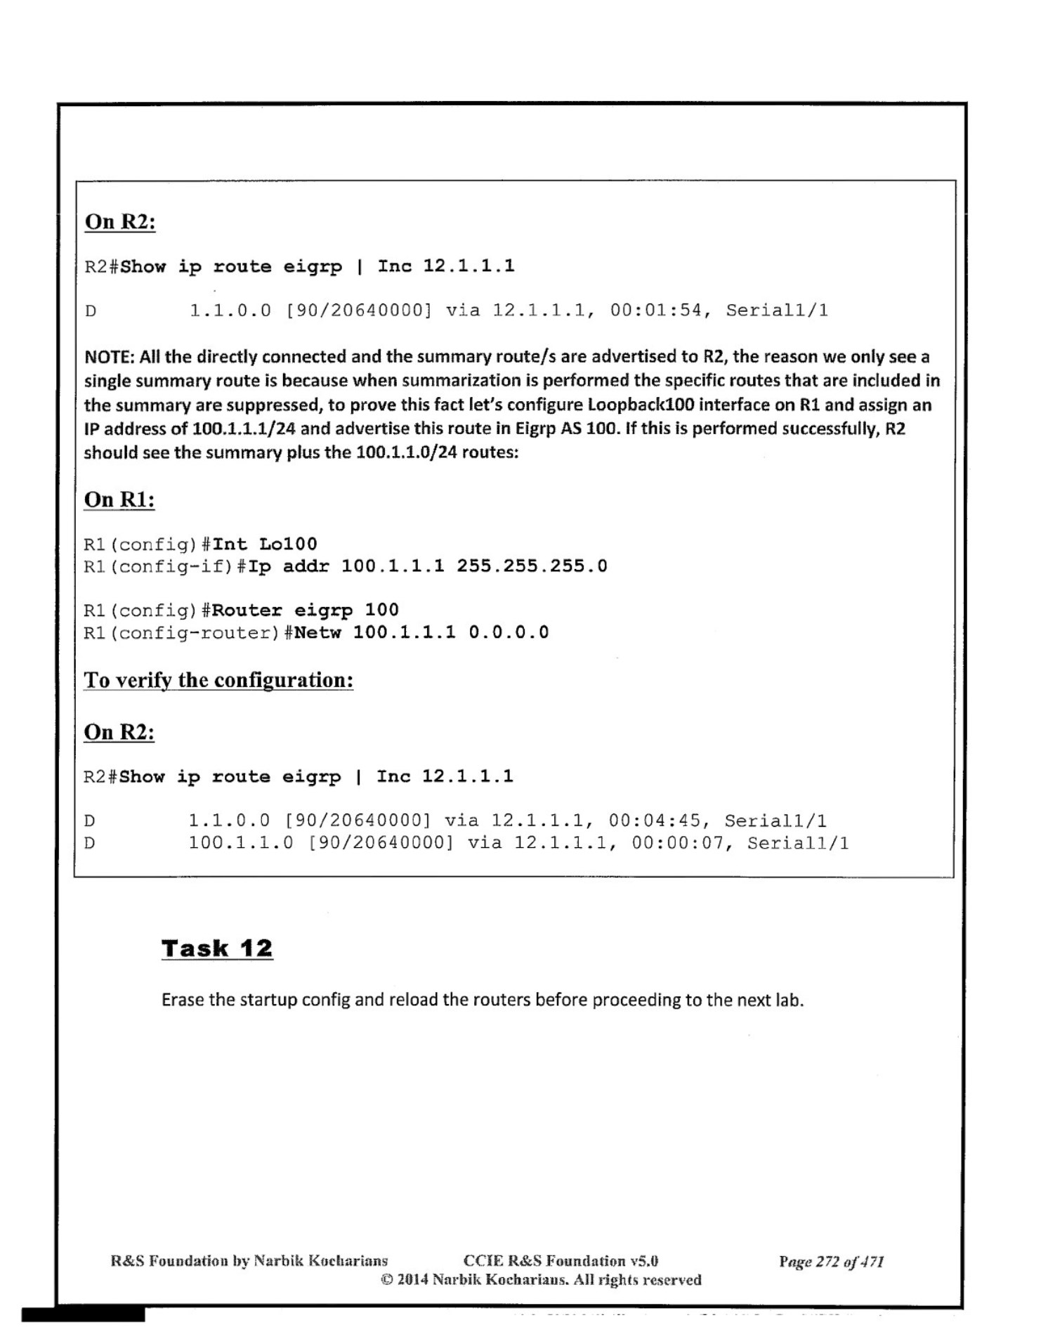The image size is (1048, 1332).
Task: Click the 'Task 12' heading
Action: click(216, 948)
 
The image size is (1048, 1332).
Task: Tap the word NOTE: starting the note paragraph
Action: click(109, 357)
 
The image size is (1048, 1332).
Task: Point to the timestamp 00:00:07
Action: click(677, 842)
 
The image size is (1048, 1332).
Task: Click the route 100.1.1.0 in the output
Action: click(240, 842)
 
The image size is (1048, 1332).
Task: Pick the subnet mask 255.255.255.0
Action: click(532, 566)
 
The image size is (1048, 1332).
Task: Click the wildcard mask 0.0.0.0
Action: click(509, 632)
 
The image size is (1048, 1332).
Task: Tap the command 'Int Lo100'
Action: click(265, 544)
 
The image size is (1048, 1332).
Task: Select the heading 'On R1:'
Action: click(119, 499)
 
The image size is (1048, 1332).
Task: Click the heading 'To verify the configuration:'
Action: click(218, 680)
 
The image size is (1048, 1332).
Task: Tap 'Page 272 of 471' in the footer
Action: click(831, 1261)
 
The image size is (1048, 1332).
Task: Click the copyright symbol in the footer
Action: click(386, 1279)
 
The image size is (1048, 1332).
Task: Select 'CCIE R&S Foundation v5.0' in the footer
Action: click(561, 1261)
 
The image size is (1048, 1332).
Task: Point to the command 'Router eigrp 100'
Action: click(305, 610)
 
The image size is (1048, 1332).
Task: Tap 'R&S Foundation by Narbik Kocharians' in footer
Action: click(249, 1261)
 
